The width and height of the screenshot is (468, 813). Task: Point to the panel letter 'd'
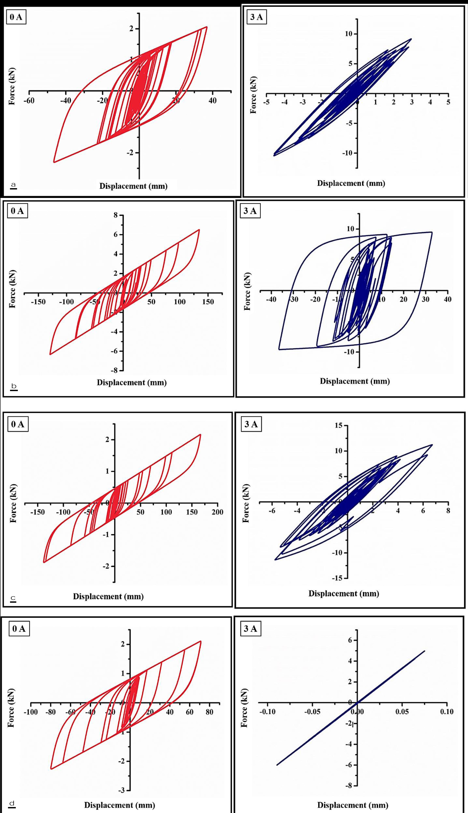(12, 803)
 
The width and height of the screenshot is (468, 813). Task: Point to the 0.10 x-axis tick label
(447, 712)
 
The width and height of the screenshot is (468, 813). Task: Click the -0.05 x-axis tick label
(312, 712)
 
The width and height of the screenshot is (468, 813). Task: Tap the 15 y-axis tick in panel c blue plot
(339, 425)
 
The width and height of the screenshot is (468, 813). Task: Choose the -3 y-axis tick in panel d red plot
(121, 790)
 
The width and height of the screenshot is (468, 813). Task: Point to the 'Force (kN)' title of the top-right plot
(253, 95)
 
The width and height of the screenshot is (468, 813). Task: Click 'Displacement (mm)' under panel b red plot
(132, 383)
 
